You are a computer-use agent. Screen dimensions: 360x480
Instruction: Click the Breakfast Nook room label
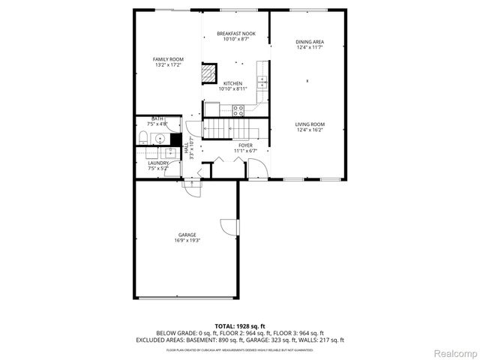(236, 34)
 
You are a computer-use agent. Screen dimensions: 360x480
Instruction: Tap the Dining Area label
(309, 42)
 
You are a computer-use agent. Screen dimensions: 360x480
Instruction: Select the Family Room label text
(168, 59)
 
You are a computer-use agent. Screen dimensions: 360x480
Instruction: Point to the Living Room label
(309, 124)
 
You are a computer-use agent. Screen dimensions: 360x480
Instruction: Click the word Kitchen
(232, 83)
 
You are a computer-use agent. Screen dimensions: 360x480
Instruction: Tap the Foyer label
(245, 145)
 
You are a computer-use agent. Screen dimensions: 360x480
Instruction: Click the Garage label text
(187, 235)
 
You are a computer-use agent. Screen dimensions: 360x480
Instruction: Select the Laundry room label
(157, 163)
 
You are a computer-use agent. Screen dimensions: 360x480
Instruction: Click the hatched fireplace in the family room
(207, 73)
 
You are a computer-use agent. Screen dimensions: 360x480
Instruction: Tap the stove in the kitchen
(238, 110)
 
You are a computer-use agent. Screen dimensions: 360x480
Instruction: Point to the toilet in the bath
(143, 136)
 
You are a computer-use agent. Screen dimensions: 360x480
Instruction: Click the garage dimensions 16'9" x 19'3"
(187, 241)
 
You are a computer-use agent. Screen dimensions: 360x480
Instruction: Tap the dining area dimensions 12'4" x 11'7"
(309, 48)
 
